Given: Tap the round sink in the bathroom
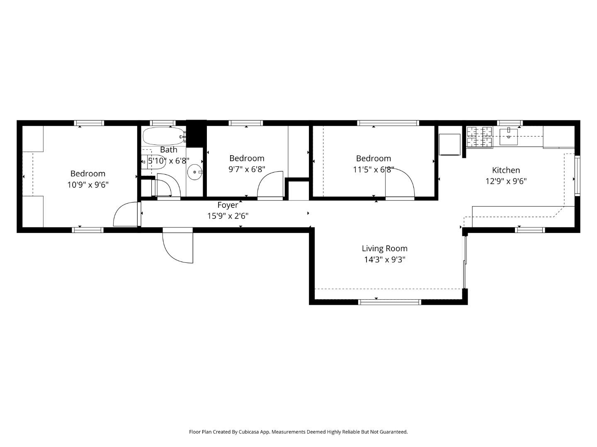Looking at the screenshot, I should [x=194, y=172].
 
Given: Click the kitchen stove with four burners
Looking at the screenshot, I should [x=480, y=137].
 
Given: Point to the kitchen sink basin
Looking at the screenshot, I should [x=508, y=137].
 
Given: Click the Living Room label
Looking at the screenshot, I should [x=384, y=248].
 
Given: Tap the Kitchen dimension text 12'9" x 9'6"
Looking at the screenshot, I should [x=506, y=181].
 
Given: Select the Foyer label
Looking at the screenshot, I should [x=228, y=205].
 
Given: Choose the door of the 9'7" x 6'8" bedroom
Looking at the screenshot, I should [x=270, y=186].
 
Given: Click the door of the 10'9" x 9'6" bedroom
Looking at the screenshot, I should [x=126, y=214].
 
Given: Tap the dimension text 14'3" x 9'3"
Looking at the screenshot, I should [x=384, y=260].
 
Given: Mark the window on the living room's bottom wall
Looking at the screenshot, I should [x=389, y=302].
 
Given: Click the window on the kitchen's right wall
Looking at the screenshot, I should [x=577, y=175].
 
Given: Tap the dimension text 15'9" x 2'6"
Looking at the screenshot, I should [x=228, y=216].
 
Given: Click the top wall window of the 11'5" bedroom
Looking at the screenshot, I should [x=388, y=123].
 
